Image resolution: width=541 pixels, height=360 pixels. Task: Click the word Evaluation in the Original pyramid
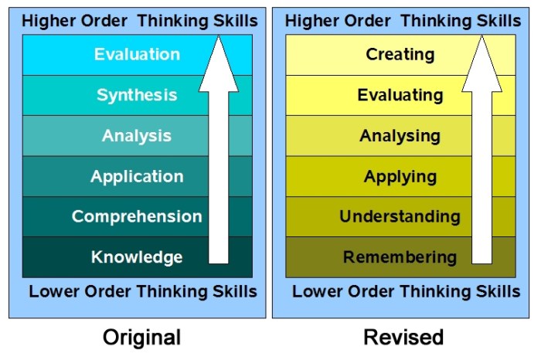point(137,55)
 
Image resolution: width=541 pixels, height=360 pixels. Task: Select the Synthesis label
point(137,96)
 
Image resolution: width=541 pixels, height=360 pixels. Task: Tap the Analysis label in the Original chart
point(137,136)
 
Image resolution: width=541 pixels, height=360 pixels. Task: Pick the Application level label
point(137,176)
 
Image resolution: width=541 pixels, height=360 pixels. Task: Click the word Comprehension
point(137,217)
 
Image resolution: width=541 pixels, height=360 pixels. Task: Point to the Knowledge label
point(137,257)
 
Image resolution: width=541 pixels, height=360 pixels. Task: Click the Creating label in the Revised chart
point(400,55)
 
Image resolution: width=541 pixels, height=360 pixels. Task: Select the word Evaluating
point(400,96)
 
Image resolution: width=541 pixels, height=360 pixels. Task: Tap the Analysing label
point(400,136)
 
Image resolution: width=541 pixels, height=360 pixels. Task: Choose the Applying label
point(400,176)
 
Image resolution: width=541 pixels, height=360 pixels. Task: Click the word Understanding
point(400,217)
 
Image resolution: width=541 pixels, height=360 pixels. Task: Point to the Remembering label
point(400,257)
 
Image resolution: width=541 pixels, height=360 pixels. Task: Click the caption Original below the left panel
point(141,338)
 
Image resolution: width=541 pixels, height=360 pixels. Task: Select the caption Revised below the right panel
point(404,338)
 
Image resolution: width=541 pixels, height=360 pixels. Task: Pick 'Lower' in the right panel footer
point(315,292)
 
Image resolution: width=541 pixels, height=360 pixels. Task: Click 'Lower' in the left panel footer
point(53,292)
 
